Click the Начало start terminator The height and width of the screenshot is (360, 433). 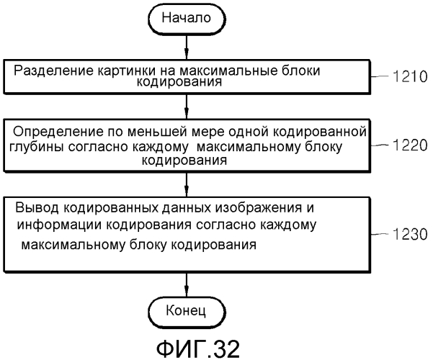(x=187, y=18)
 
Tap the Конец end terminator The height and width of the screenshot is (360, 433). (x=187, y=312)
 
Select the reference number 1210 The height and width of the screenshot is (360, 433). (x=410, y=77)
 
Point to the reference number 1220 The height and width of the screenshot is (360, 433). (x=410, y=145)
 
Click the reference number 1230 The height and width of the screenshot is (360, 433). (x=410, y=235)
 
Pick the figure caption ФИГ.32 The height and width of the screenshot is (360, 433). (x=198, y=349)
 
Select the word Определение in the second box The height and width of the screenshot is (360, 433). (x=58, y=132)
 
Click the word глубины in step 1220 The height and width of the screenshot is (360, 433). (x=37, y=147)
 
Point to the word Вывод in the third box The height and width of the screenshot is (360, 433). (x=37, y=207)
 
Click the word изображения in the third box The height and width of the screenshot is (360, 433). (x=259, y=207)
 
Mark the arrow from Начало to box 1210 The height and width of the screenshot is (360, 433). (x=187, y=47)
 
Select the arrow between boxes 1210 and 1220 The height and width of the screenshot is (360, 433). (x=187, y=107)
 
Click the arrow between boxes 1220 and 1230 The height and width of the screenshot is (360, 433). (x=187, y=185)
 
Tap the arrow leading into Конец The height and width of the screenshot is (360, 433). (x=187, y=285)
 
